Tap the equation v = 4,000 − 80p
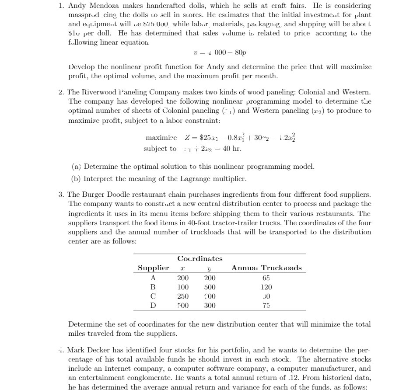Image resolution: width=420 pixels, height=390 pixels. coord(220,52)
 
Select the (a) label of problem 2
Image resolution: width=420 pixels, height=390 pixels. coord(76,167)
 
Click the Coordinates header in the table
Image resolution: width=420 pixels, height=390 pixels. coord(199,258)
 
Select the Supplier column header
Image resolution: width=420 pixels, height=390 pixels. coord(153,268)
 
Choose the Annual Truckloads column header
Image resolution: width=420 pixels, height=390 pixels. coord(266,268)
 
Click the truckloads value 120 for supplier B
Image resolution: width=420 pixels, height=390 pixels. coord(266,287)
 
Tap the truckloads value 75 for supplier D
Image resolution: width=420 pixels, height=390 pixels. coord(266,306)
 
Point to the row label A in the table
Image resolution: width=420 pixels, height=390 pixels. coord(153,278)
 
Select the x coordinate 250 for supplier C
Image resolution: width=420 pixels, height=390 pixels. coord(182,296)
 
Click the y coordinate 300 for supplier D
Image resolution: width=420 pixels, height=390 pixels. coord(210,306)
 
